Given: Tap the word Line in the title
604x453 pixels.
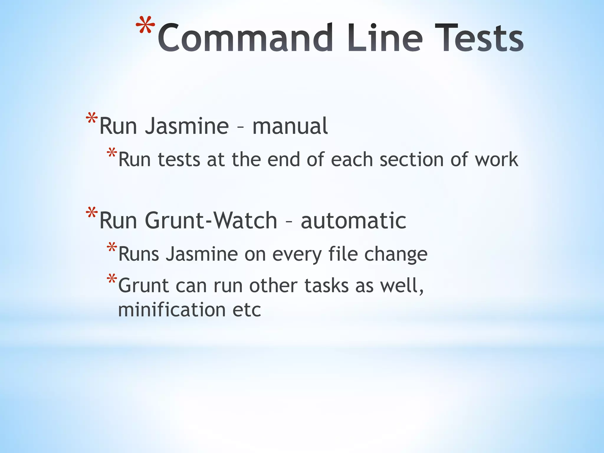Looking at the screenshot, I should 385,38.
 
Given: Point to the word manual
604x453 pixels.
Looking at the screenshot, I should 290,126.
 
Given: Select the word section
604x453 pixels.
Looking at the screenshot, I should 412,160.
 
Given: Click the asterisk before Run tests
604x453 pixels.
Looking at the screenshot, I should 112,153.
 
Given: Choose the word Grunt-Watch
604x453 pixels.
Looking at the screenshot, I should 211,221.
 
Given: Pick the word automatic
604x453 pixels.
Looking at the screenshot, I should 353,221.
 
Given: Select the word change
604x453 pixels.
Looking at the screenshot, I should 396,254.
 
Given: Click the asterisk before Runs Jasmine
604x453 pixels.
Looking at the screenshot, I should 112,248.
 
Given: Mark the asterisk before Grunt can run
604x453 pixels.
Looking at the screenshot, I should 112,279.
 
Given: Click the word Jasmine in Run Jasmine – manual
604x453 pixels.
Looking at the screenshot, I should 187,126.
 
